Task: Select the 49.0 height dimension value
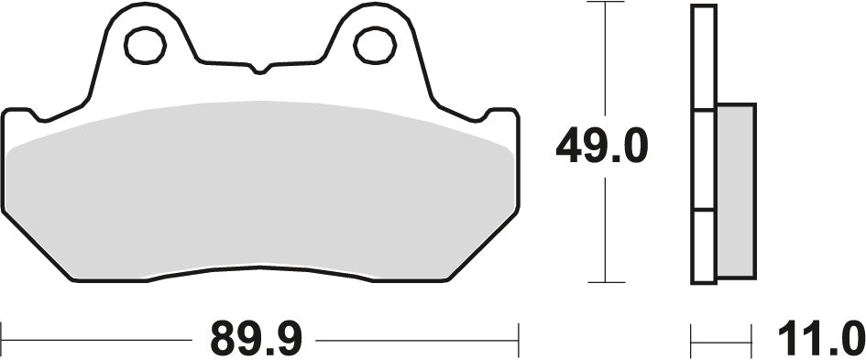(x=602, y=147)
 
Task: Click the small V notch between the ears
(x=258, y=68)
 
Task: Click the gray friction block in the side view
(x=736, y=190)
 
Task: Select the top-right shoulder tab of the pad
(x=501, y=115)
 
